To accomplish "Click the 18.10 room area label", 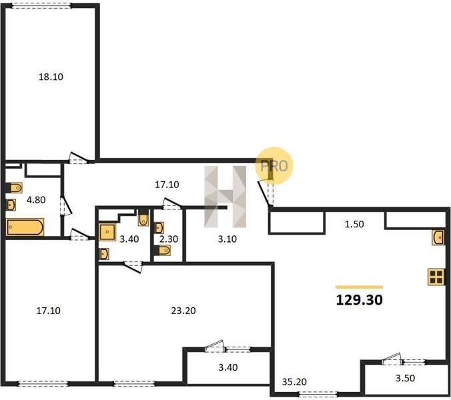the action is click(51, 77).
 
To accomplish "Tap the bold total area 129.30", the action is click(359, 300).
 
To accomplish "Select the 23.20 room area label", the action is click(183, 311).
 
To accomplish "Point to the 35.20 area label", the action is click(294, 382).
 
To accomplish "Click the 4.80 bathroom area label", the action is click(36, 200).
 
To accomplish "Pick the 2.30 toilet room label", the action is click(169, 239).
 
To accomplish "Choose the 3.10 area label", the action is click(228, 239).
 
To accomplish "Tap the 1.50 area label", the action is click(354, 224).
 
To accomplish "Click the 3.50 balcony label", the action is click(405, 378).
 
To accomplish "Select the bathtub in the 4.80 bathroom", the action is click(25, 227).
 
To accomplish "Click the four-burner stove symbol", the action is click(436, 277).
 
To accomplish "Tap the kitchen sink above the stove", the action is click(438, 237).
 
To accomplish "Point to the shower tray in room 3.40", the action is click(107, 232).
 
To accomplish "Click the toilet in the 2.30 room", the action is click(162, 250).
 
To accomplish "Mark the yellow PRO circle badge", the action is click(274, 166).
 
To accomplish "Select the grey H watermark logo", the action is click(225, 197).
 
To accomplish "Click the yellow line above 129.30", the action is click(359, 287).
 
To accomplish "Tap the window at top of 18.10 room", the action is click(42, 5).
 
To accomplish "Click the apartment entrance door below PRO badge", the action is click(267, 192).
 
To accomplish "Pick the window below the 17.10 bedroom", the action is click(43, 383).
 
